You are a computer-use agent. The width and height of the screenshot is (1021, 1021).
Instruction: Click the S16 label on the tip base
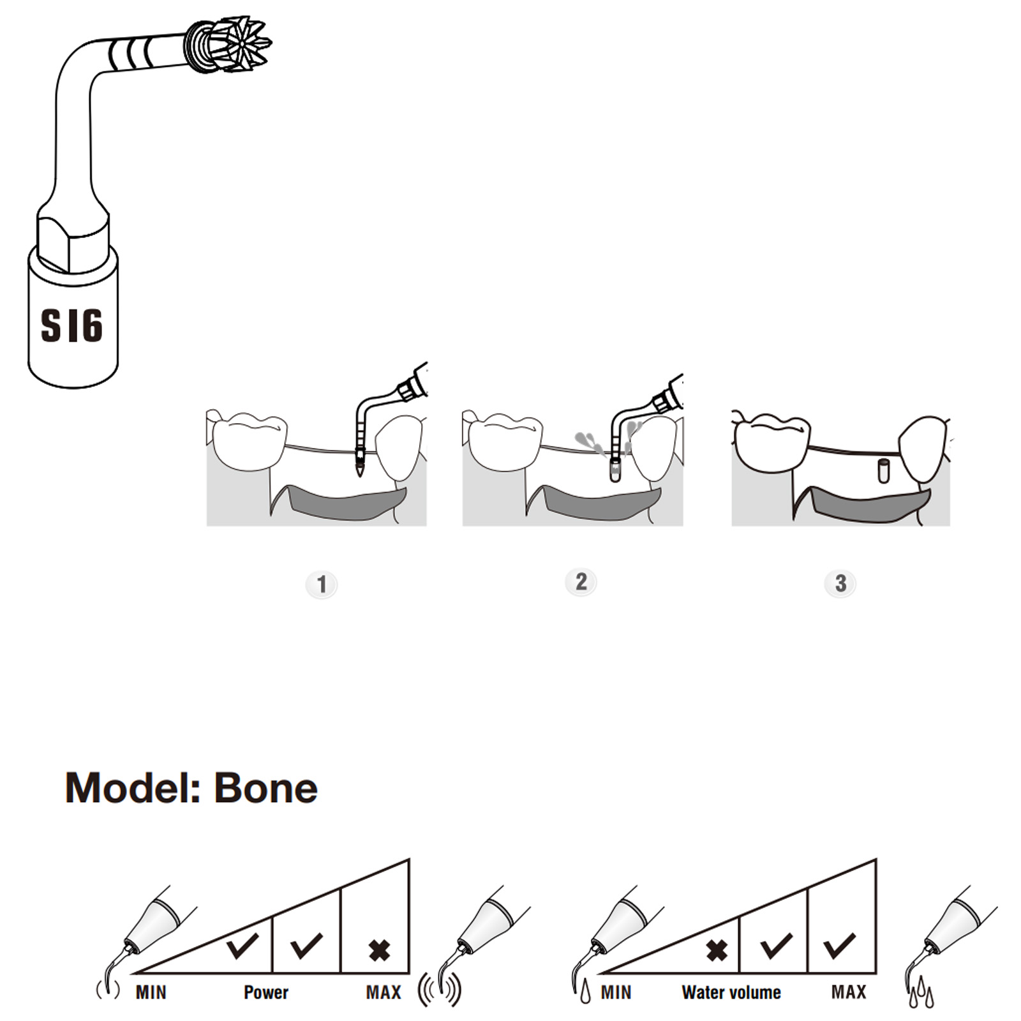click(71, 325)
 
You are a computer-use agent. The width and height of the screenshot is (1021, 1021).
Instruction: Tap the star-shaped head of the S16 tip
click(241, 43)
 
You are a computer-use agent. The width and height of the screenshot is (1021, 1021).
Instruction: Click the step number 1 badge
click(322, 585)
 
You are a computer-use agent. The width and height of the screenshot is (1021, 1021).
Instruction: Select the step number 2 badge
click(581, 582)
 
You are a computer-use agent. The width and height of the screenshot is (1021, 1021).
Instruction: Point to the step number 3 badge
click(840, 583)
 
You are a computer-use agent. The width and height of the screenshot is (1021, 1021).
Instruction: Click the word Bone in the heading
click(265, 788)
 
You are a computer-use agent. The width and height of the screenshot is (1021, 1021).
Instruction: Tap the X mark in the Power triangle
click(380, 951)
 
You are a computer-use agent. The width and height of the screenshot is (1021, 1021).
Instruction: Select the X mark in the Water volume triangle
click(717, 951)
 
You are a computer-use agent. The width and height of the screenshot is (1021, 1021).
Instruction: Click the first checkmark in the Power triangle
click(242, 945)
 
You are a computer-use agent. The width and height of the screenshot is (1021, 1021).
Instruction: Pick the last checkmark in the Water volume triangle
click(839, 945)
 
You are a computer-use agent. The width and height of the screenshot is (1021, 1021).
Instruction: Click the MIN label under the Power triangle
click(151, 992)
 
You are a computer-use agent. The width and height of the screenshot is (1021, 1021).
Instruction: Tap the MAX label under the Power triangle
click(384, 992)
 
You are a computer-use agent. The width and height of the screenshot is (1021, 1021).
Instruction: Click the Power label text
click(266, 992)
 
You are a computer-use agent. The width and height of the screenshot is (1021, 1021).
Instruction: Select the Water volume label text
click(731, 992)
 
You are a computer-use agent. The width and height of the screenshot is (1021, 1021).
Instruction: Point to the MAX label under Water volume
click(849, 992)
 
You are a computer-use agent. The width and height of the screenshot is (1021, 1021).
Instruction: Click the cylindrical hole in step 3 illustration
click(883, 470)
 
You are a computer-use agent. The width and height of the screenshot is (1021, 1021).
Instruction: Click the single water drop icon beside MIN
click(585, 993)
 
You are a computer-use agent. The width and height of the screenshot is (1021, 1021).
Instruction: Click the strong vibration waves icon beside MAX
click(440, 990)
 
